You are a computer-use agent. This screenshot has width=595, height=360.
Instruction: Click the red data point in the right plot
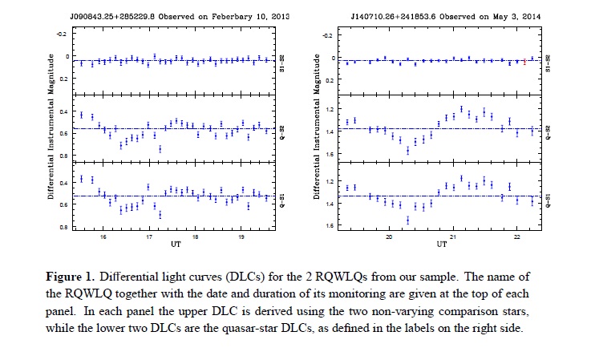coord(524,61)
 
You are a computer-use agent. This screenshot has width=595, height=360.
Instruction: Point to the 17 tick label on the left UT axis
coord(149,237)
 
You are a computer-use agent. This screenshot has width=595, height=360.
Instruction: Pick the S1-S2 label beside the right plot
coord(548,61)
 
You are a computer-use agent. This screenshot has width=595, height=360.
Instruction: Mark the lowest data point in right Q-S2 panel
coord(407,150)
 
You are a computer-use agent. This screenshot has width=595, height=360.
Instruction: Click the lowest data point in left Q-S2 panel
coord(160,148)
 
